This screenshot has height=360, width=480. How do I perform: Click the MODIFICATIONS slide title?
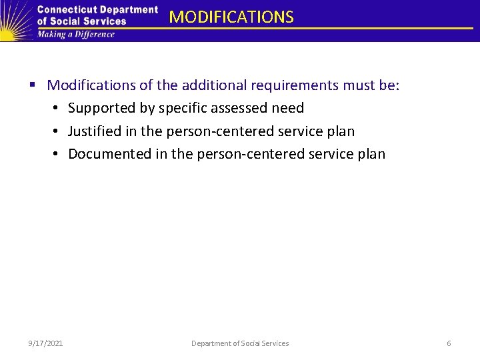tap(231, 17)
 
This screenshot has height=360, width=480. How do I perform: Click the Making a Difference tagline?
tap(76, 34)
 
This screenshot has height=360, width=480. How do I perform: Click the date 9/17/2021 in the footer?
tap(46, 343)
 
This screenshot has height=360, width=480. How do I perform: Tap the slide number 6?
tap(449, 343)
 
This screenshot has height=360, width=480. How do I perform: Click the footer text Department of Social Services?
tap(240, 343)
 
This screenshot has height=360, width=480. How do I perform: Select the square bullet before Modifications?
tap(33, 85)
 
